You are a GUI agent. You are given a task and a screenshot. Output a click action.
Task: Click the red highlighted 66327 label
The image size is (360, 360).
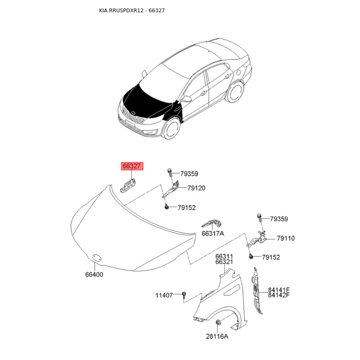click(x=132, y=166)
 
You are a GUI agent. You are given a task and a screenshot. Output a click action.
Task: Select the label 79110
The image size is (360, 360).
click(x=286, y=238)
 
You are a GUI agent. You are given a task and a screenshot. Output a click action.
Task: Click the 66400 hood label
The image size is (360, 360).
click(x=94, y=274)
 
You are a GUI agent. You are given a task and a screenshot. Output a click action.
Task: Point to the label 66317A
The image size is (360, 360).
click(x=213, y=234)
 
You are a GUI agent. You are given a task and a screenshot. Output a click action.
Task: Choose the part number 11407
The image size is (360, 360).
click(x=164, y=296)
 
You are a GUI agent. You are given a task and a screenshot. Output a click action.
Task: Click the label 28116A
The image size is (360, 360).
click(x=217, y=336)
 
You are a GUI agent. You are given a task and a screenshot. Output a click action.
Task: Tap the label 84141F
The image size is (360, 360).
click(x=279, y=290)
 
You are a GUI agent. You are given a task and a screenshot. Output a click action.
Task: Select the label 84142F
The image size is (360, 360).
click(x=279, y=295)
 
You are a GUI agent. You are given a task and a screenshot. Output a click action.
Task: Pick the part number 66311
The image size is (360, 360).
click(x=224, y=256)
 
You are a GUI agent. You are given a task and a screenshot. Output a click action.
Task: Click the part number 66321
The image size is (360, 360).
click(x=224, y=262)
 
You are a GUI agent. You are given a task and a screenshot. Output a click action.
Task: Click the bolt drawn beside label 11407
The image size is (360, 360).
click(x=184, y=296)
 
